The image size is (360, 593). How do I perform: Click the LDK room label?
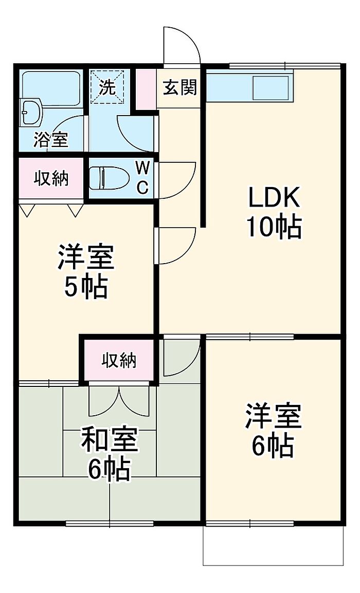pyautogui.click(x=274, y=197)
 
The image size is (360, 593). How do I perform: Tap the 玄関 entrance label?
pyautogui.click(x=180, y=88)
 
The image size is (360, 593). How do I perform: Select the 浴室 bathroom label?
pyautogui.click(x=51, y=140)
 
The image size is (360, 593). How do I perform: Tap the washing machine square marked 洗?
pyautogui.click(x=107, y=87)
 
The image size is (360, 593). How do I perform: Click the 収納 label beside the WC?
pyautogui.click(x=51, y=178)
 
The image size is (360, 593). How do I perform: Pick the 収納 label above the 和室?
pyautogui.click(x=119, y=360)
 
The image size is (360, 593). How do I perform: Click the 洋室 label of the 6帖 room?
pyautogui.click(x=273, y=416)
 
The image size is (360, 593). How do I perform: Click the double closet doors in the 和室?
pyautogui.click(x=119, y=401)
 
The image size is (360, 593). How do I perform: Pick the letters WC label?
pyautogui.click(x=142, y=177)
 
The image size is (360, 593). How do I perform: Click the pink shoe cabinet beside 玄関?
pyautogui.click(x=146, y=88)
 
